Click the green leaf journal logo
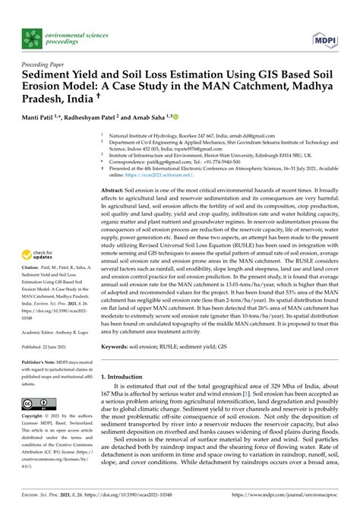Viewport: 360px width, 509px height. click(x=31, y=36)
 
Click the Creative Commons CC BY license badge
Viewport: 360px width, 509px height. click(x=35, y=424)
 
